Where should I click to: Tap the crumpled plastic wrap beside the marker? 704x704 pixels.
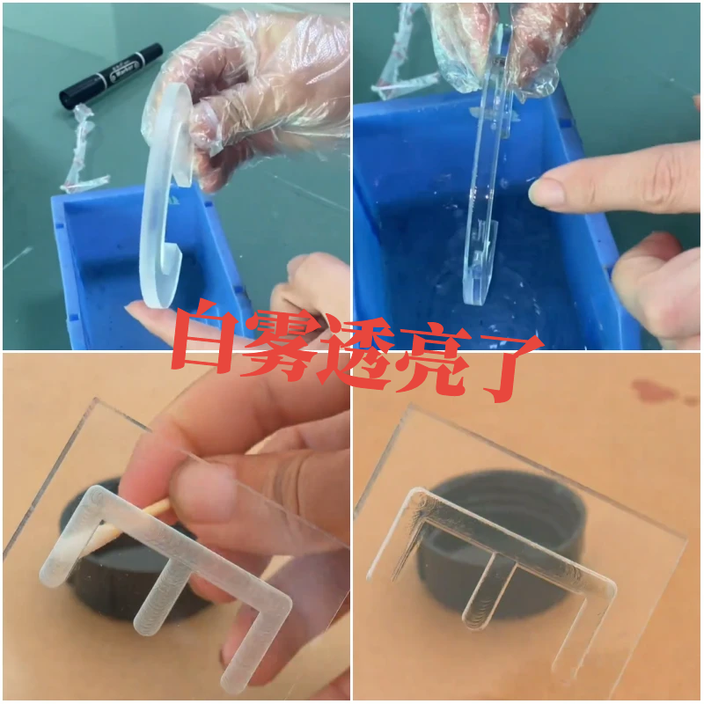click(x=82, y=150)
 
